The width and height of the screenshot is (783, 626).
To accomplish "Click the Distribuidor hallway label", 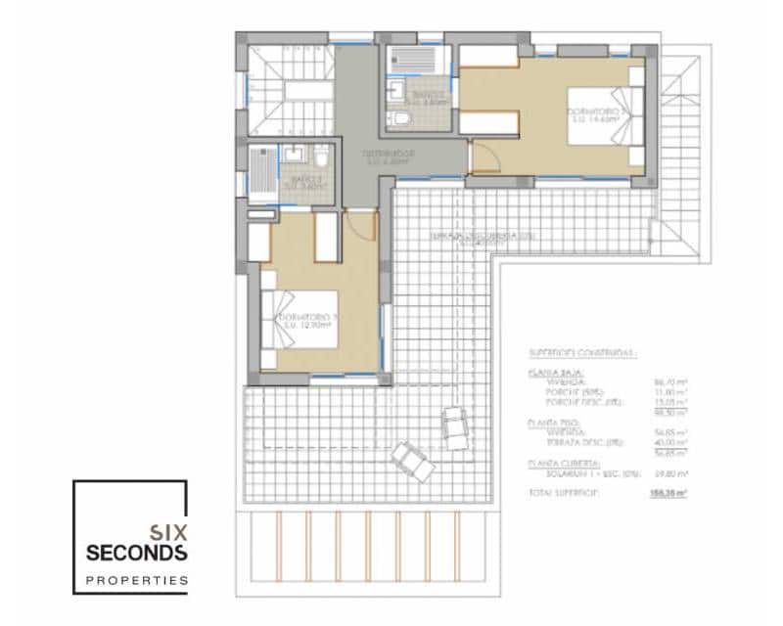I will [389, 156].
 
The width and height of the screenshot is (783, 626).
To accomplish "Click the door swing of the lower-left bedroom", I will [361, 225].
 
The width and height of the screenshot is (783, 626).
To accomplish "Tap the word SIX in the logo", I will [167, 533].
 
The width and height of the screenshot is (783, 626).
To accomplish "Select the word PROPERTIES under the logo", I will [136, 580].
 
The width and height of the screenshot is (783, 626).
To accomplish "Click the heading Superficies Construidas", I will [582, 354].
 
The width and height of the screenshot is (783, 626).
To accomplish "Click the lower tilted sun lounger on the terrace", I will [413, 462].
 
